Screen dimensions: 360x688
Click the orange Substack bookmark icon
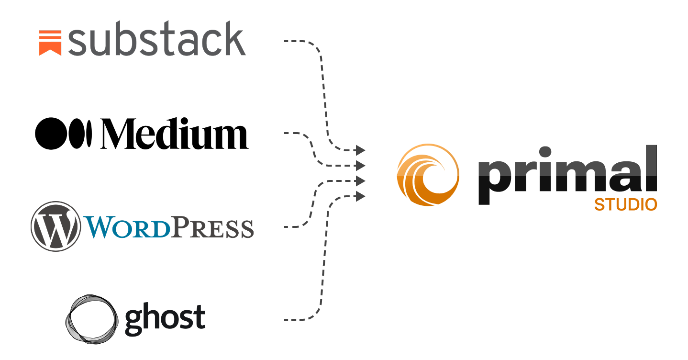pos(50,43)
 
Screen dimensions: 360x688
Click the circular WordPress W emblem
pos(55,225)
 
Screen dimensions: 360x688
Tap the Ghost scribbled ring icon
pos(91,319)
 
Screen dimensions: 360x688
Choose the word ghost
pos(165,318)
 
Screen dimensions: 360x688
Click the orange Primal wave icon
pos(428,175)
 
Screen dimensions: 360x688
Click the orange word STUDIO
pos(625,205)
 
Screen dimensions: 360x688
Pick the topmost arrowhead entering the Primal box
pos(361,151)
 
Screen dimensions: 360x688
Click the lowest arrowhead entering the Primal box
pos(361,195)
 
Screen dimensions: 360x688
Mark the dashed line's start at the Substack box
pos(287,41)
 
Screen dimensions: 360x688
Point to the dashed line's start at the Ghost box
pos(287,319)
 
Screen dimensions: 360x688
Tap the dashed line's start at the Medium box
pos(287,133)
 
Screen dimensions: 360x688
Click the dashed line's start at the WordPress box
pos(287,226)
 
